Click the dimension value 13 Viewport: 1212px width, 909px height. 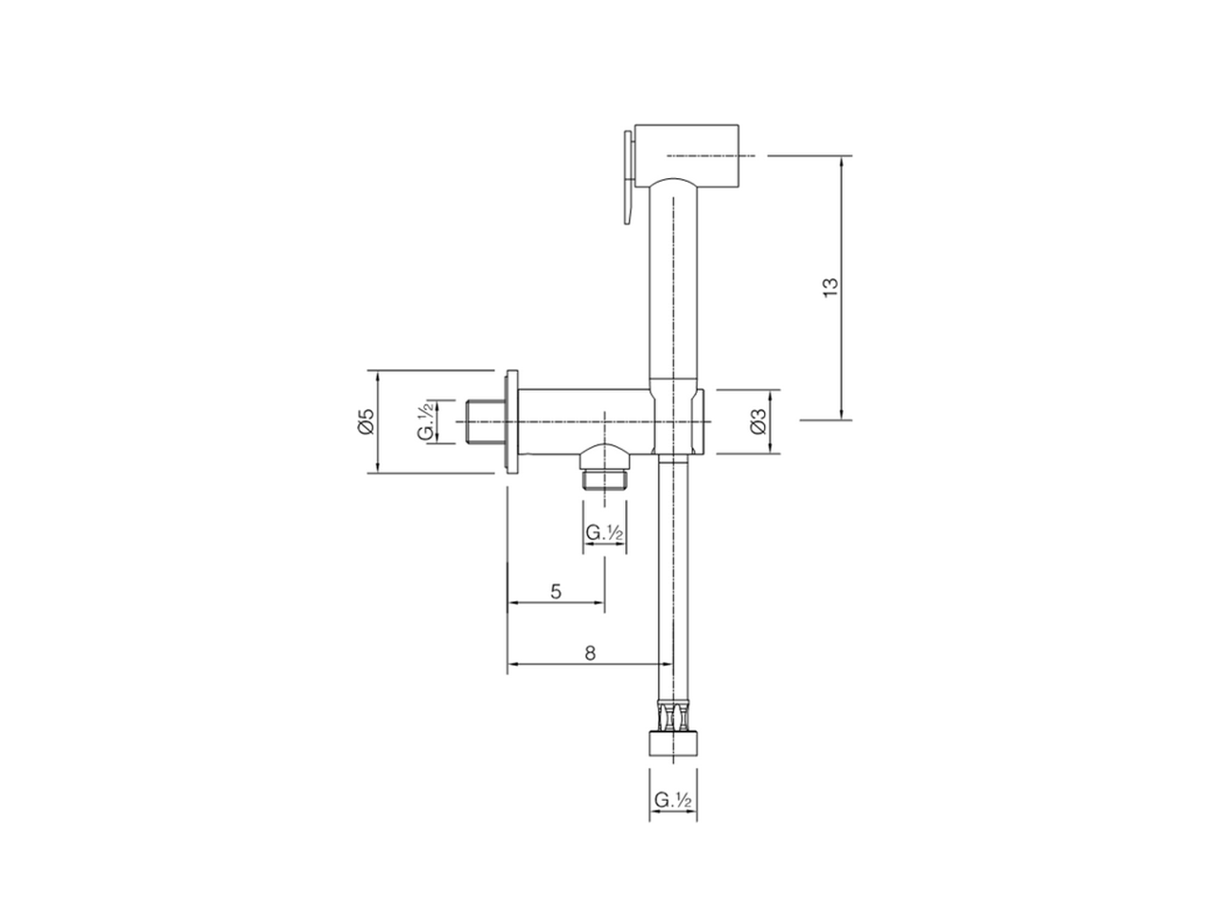[x=830, y=287]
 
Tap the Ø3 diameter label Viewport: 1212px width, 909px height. [x=757, y=421]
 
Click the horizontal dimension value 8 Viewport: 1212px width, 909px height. [x=589, y=652]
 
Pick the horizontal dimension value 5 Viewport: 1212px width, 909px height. [x=556, y=591]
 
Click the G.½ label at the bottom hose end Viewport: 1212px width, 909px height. [x=674, y=800]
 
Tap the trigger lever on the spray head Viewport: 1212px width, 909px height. [x=626, y=177]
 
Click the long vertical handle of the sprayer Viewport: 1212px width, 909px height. [x=673, y=284]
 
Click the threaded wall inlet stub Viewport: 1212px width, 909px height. [x=487, y=421]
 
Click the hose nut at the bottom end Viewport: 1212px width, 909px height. [x=673, y=741]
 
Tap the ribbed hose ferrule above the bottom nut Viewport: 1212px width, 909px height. [x=673, y=716]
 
